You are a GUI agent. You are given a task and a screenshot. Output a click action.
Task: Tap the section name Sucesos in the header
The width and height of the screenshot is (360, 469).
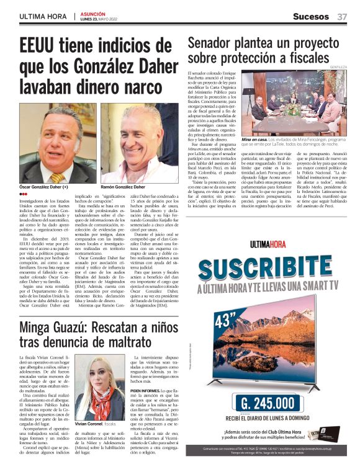(312, 16)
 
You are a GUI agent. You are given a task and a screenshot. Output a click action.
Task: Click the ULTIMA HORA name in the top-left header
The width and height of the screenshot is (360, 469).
(43, 16)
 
